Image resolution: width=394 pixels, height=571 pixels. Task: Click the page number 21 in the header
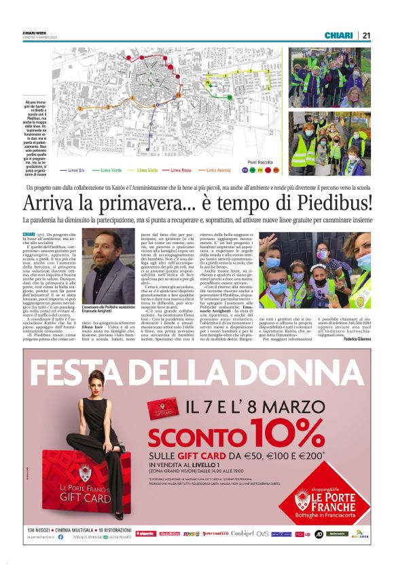(365, 35)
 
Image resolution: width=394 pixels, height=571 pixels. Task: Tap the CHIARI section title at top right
(338, 35)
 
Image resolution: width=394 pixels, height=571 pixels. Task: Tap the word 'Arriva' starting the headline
(51, 203)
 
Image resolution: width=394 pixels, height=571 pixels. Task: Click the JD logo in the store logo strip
(318, 534)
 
